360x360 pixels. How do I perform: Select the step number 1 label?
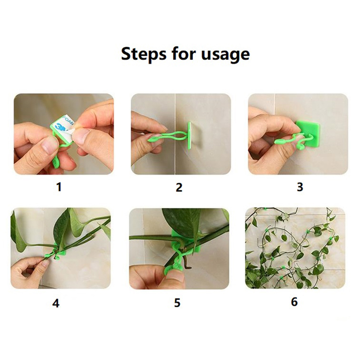59,187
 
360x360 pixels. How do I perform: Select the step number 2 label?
179,187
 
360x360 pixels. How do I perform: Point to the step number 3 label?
300,187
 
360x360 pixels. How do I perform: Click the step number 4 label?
56,303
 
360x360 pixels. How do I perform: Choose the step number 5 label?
177,303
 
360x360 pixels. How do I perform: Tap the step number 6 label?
294,301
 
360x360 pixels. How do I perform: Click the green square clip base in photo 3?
307,133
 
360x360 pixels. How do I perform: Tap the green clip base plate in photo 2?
189,135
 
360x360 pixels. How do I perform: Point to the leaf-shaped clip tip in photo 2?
152,139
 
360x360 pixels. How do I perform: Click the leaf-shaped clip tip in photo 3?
279,141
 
